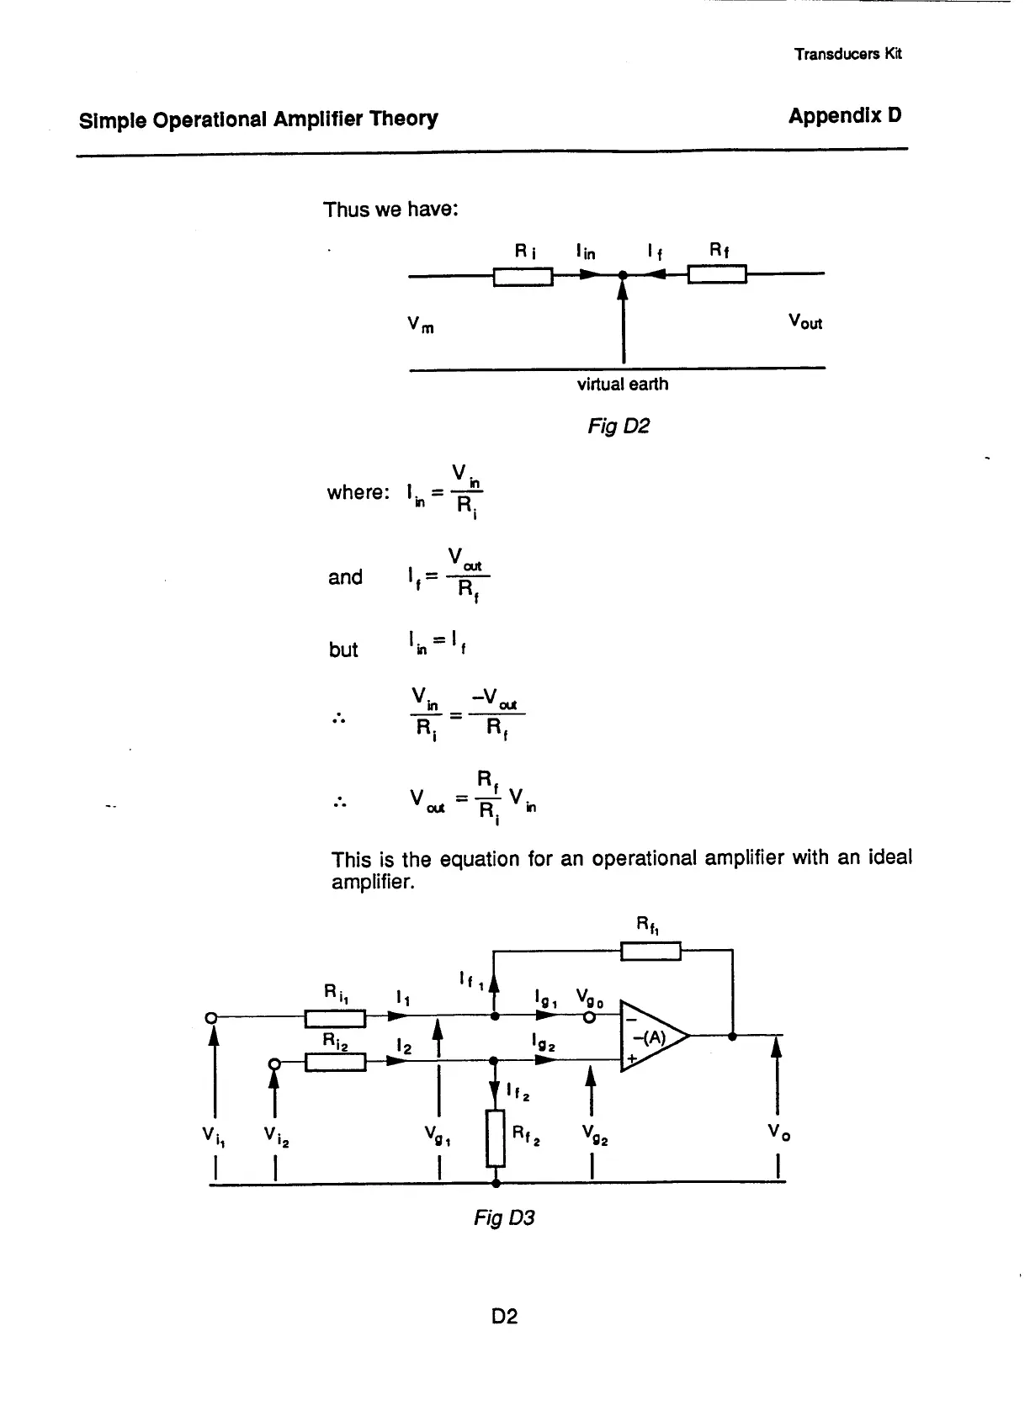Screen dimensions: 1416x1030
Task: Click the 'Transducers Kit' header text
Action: coord(847,54)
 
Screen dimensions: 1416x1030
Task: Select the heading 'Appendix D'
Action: coord(844,116)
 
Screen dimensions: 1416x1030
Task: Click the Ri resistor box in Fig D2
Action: coord(523,276)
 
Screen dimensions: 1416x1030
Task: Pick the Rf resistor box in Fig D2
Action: coord(717,275)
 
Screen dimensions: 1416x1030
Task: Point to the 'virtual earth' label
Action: coord(622,384)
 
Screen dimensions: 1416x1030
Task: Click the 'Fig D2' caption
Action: coord(619,427)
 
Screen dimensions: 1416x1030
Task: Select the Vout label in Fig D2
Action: coord(804,322)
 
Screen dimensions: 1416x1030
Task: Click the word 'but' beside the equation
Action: coord(343,650)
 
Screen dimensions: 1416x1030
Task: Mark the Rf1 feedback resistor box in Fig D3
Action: coord(650,952)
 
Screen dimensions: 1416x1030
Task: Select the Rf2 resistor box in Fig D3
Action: coord(496,1138)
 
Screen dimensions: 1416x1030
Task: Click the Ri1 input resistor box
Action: coord(335,1019)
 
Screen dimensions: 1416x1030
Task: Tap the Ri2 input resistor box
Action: coord(335,1063)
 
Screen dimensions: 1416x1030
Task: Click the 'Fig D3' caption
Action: coord(504,1217)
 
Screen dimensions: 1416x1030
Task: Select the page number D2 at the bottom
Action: coord(504,1316)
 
